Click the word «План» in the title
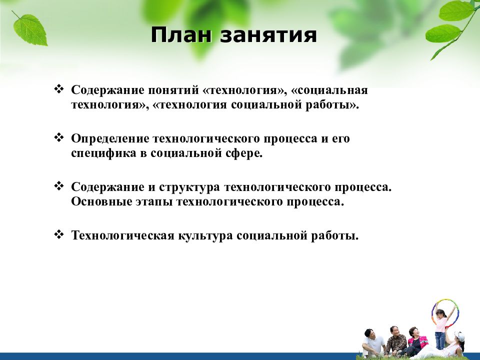click(x=181, y=35)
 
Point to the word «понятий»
click(x=173, y=90)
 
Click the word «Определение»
click(x=110, y=138)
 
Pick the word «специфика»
click(x=103, y=153)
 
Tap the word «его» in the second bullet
click(x=340, y=139)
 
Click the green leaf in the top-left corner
click(x=30, y=29)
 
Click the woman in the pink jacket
click(x=413, y=340)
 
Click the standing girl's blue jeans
click(x=439, y=340)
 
